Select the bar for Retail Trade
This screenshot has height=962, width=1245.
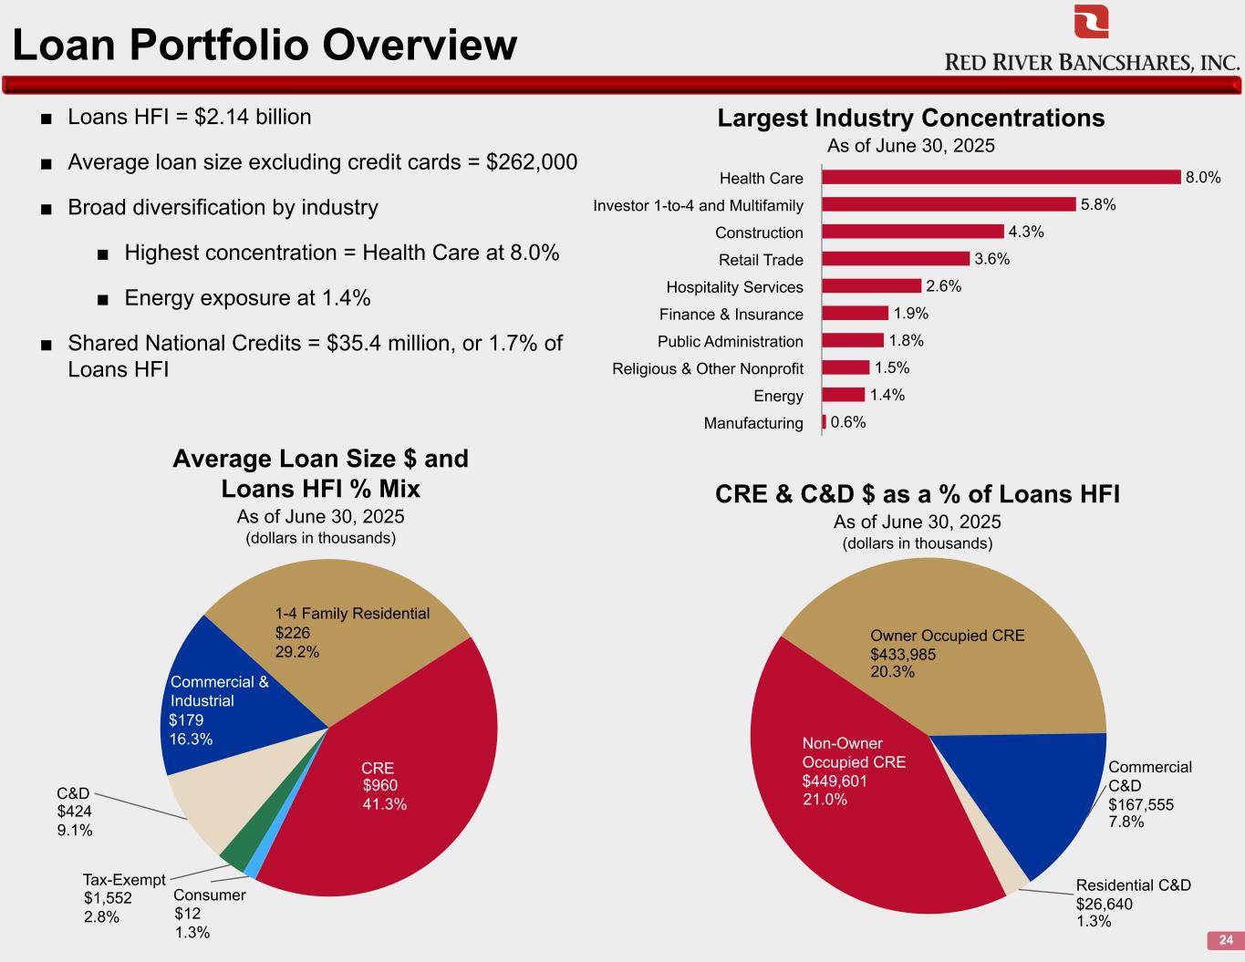point(896,259)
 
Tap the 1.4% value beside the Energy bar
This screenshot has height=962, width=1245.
point(887,395)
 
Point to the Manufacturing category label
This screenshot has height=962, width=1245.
point(753,423)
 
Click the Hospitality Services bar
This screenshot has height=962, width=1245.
point(872,286)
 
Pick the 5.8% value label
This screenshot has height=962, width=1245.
point(1098,205)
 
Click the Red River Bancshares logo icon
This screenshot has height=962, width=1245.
point(1091,22)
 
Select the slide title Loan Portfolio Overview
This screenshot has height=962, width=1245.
point(265,44)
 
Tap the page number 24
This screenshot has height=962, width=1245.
point(1226,940)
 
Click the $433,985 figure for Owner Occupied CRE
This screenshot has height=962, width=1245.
point(903,654)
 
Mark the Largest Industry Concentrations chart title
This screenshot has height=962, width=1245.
point(910,119)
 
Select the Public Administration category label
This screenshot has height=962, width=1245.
point(730,341)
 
